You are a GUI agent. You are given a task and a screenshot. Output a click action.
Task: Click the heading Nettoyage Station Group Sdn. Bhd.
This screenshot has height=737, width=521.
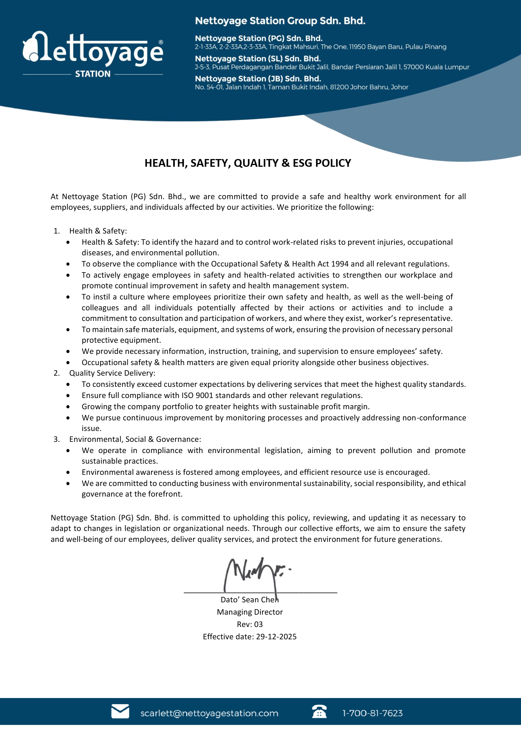280,21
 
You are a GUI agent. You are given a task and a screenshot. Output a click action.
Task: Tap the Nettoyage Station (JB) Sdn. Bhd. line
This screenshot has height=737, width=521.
258,79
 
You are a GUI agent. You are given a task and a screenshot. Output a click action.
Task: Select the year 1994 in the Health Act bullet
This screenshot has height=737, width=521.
340,264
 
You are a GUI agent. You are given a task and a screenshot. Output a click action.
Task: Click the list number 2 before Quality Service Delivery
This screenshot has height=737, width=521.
56,373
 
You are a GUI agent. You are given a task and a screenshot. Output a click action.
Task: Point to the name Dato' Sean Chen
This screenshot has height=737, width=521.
249,600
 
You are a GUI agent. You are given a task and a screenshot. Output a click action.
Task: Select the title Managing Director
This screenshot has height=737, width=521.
249,612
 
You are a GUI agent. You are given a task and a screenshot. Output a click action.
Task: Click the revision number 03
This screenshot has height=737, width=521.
258,624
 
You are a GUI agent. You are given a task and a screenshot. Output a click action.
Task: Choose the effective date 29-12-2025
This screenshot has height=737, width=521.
276,637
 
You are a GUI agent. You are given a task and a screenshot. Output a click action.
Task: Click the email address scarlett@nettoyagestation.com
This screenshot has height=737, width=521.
209,713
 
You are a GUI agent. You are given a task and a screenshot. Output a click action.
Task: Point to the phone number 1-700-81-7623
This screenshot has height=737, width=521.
372,713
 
